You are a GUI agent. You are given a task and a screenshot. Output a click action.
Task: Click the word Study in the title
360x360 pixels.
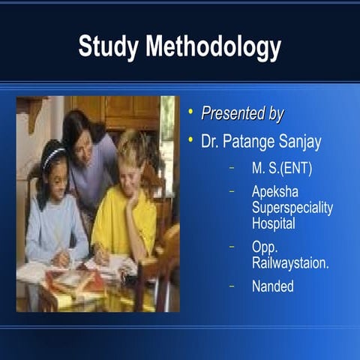pos(108,46)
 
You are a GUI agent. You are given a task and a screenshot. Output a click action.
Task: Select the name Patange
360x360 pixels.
pos(255,140)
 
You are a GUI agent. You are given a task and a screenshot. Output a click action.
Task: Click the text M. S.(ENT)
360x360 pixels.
pos(282,169)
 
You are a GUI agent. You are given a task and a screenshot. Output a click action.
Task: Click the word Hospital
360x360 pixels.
pos(274,223)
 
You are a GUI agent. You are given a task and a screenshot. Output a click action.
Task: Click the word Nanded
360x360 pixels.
pos(273,286)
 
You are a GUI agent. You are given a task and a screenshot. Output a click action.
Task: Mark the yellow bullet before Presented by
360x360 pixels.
pos(191,112)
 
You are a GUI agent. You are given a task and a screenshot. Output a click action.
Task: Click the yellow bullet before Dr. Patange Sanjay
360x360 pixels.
pos(191,139)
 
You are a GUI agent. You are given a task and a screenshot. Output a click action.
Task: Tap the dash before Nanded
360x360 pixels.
pos(232,285)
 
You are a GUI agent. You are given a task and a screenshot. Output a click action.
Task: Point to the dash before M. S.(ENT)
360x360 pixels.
pos(232,168)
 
